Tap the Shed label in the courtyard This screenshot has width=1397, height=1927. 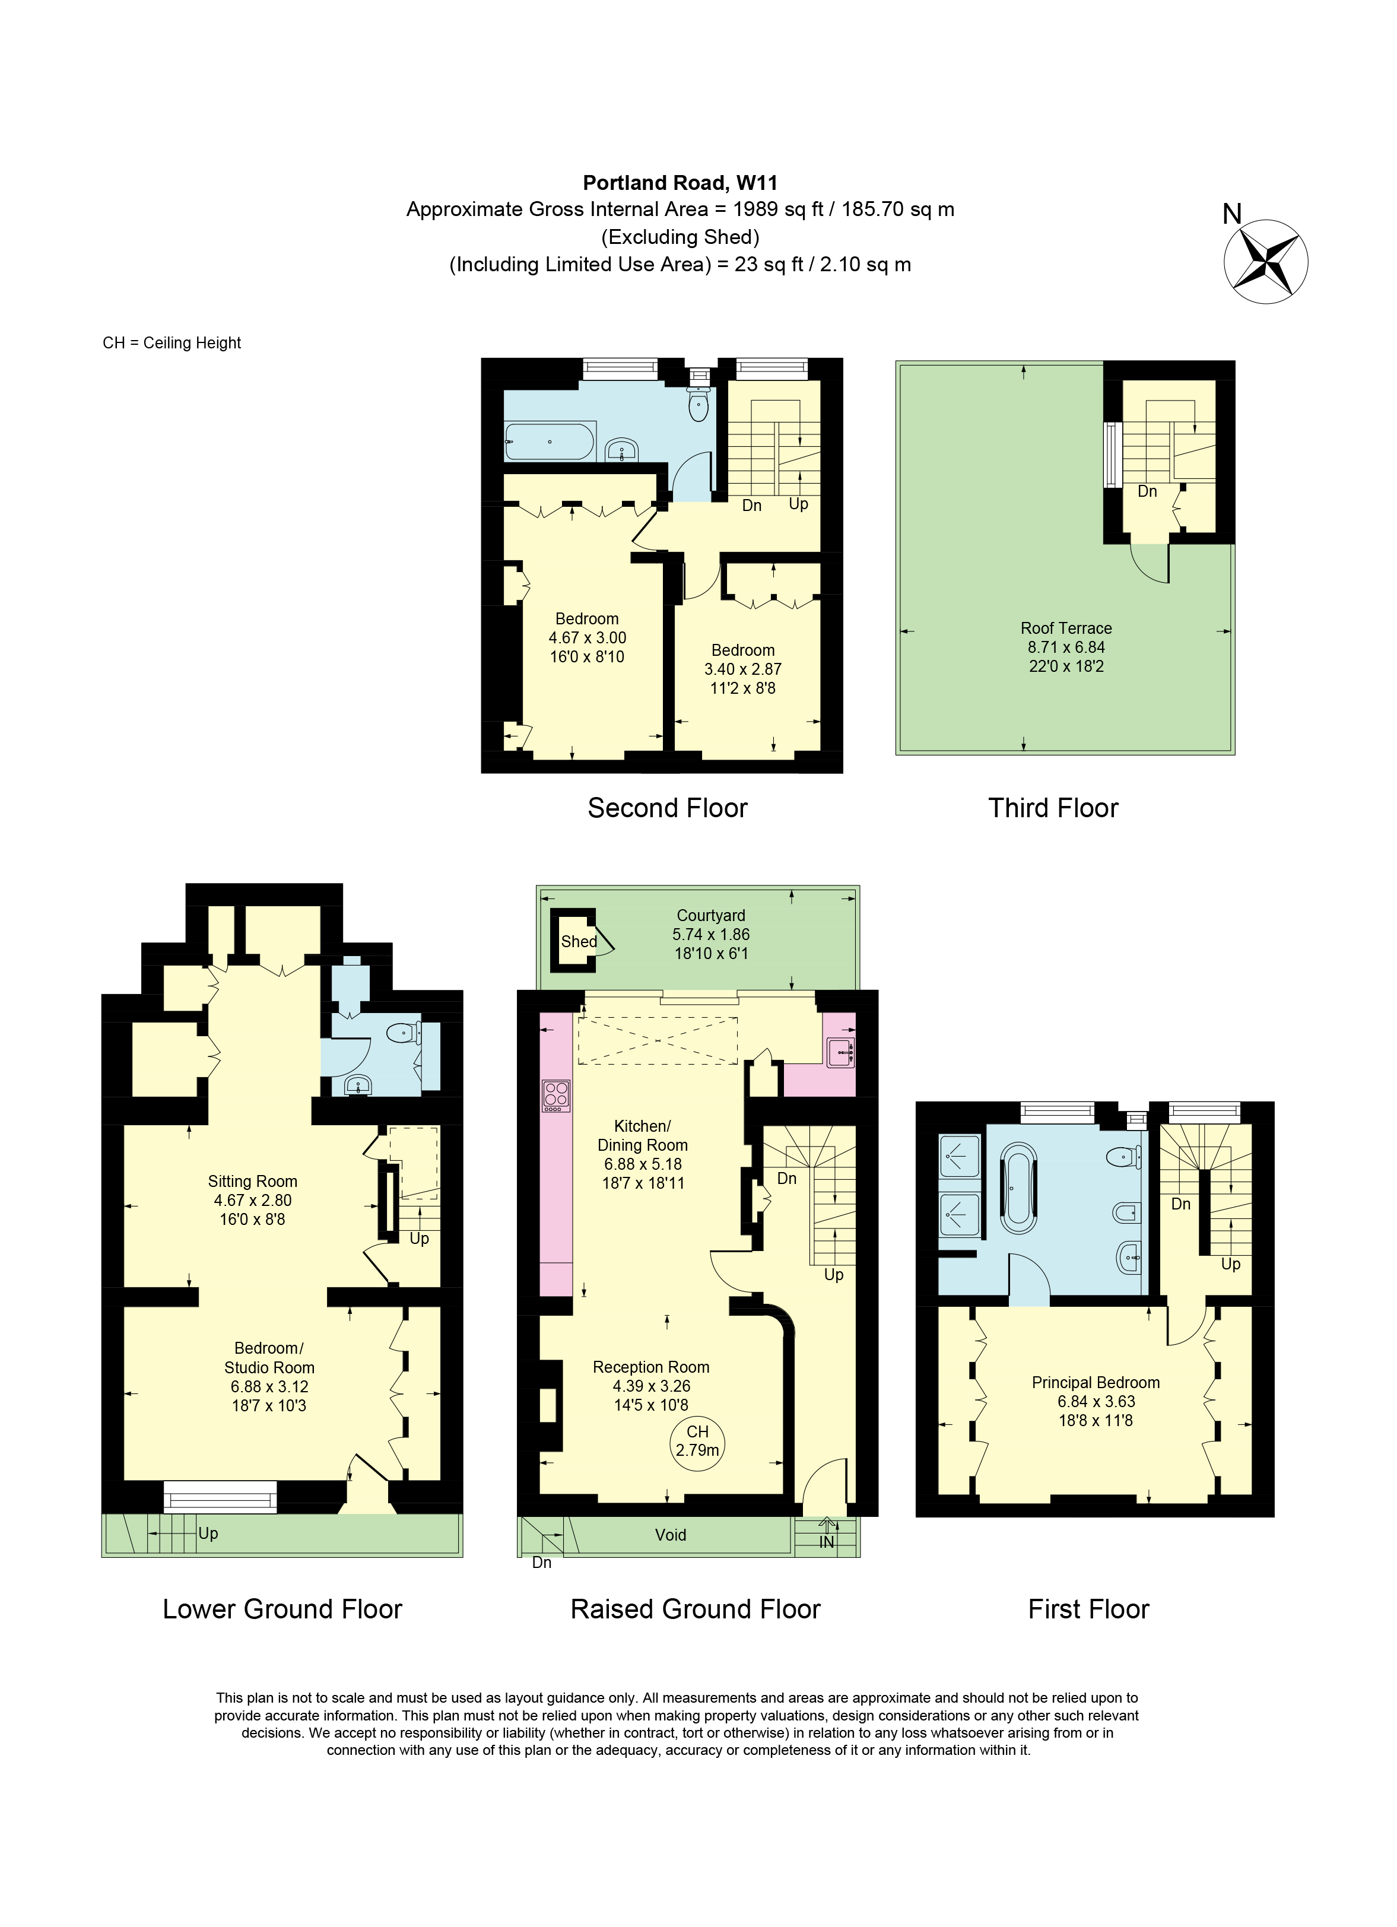pos(579,941)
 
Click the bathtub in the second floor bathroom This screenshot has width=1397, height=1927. pos(549,442)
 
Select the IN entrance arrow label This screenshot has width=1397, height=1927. pos(827,1541)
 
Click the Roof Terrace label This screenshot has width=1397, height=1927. pos(1066,628)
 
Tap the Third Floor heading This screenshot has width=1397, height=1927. pos(1052,807)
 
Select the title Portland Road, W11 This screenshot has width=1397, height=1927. pos(680,182)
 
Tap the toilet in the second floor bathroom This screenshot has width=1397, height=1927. pos(698,405)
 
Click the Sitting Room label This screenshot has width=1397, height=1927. pos(252,1181)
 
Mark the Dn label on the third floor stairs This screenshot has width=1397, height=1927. pos(1147,491)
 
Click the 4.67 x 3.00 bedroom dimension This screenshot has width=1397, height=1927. pos(586,637)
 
